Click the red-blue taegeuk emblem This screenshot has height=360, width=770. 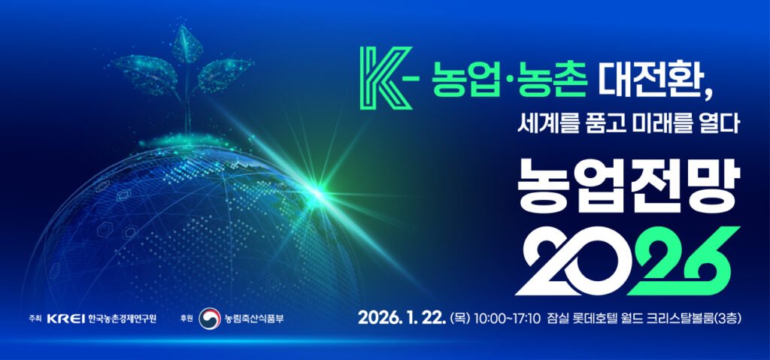(210, 319)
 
